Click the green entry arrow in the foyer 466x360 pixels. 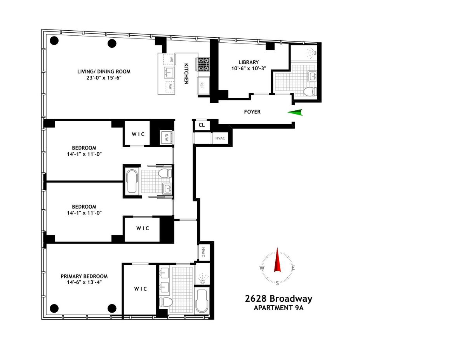pyautogui.click(x=295, y=112)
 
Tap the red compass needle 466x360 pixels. pyautogui.click(x=277, y=260)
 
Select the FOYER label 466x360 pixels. pyautogui.click(x=252, y=112)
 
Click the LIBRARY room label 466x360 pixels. pyautogui.click(x=249, y=62)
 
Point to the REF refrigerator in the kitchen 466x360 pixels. pyautogui.click(x=203, y=85)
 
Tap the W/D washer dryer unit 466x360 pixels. pyautogui.click(x=167, y=137)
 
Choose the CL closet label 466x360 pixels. pyautogui.click(x=202, y=125)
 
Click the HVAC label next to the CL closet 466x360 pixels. pyautogui.click(x=220, y=138)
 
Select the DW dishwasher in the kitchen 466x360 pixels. pyautogui.click(x=169, y=59)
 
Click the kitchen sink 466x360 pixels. pyautogui.click(x=169, y=73)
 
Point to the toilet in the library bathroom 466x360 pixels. pyautogui.click(x=310, y=92)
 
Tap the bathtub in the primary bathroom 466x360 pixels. pyautogui.click(x=202, y=301)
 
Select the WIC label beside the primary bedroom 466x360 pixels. pyautogui.click(x=141, y=289)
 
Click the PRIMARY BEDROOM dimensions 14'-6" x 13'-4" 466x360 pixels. pyautogui.click(x=84, y=282)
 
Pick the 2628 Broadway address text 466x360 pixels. pyautogui.click(x=278, y=299)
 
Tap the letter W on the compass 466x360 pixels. pyautogui.click(x=262, y=268)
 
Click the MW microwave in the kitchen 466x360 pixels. pyautogui.click(x=170, y=87)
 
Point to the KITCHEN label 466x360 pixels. pyautogui.click(x=186, y=73)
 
